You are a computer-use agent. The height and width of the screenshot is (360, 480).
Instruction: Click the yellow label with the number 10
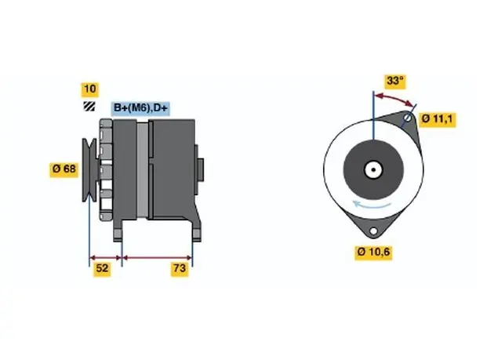tap(89, 89)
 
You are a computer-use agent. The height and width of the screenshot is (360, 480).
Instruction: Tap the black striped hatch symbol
tap(89, 106)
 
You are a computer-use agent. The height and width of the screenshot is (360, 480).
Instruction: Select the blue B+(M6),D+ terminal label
tap(140, 108)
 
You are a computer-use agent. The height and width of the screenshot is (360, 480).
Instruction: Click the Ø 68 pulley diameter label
tap(64, 169)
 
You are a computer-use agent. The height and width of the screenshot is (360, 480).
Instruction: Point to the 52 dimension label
tap(102, 268)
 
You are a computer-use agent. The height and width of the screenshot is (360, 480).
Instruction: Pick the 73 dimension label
tap(180, 268)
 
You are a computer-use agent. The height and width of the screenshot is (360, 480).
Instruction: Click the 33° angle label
tap(395, 81)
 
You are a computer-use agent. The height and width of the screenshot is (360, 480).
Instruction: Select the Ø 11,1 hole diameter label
tap(437, 118)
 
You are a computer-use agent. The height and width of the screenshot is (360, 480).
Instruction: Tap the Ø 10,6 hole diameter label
tap(373, 253)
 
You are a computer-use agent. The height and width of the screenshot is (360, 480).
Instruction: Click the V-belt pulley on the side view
tap(89, 170)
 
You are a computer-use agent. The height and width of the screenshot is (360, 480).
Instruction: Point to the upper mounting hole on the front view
tap(407, 118)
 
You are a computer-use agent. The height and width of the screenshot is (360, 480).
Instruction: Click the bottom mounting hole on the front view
tap(373, 231)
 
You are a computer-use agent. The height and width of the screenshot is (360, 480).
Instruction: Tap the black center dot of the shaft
tap(373, 170)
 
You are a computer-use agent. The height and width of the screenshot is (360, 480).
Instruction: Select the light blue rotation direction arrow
tap(371, 205)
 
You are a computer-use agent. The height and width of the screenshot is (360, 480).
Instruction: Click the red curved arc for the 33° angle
tap(395, 98)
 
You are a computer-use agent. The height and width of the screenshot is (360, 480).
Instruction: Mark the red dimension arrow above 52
tap(106, 258)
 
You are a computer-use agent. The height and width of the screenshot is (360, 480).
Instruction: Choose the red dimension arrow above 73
tap(157, 258)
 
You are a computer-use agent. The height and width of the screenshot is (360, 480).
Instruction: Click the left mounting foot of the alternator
tap(118, 231)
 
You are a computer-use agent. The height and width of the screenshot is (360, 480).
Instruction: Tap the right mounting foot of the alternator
tap(196, 231)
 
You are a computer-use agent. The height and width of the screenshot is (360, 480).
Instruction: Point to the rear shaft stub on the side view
tap(201, 170)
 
